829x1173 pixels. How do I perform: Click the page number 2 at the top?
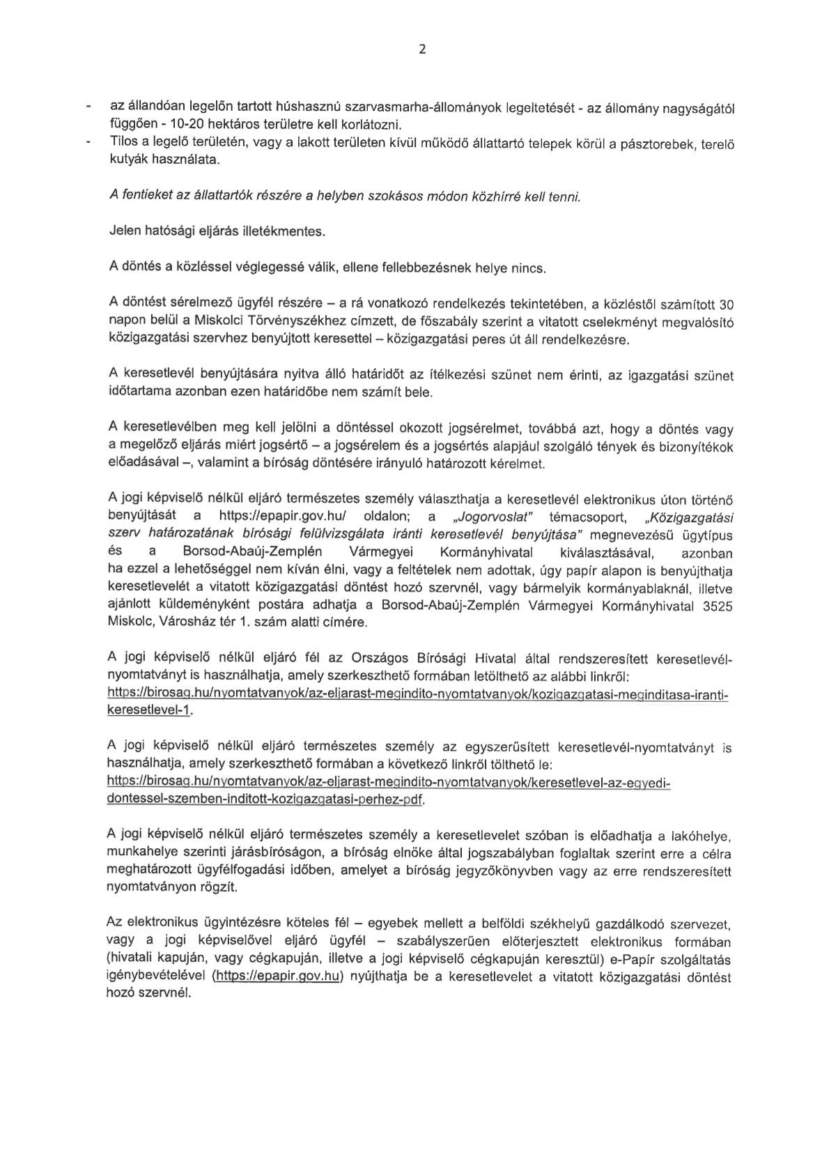[x=421, y=49]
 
